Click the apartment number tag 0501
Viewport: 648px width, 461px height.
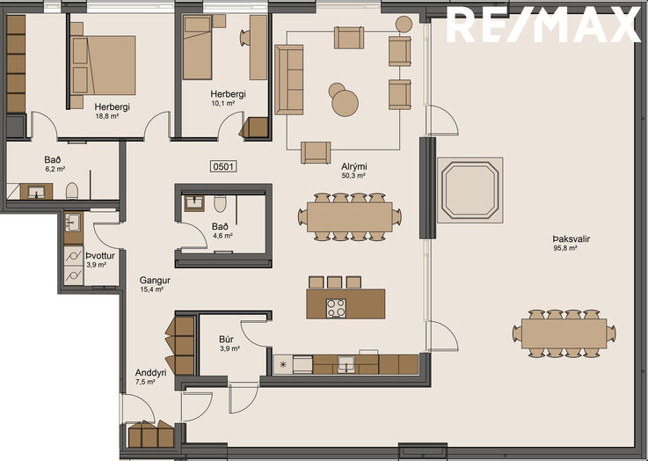click(223, 166)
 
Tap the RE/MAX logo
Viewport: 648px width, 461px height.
click(542, 26)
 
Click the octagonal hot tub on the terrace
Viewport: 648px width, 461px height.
click(470, 190)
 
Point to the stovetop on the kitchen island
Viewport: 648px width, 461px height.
click(336, 308)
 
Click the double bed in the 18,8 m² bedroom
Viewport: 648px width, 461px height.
click(104, 65)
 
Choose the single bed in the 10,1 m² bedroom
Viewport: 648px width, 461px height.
click(198, 48)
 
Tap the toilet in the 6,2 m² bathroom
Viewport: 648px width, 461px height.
click(72, 191)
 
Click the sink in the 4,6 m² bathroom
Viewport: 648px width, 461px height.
click(194, 202)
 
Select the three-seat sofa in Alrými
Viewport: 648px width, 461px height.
click(289, 79)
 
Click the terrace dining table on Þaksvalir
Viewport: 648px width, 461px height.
click(564, 333)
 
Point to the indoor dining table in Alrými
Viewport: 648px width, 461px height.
click(350, 217)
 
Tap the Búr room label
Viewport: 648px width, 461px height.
click(227, 339)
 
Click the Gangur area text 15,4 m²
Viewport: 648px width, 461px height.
click(152, 289)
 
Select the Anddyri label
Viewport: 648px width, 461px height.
click(151, 372)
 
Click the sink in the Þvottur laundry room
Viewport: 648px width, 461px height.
click(73, 223)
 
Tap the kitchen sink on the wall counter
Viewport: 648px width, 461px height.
click(346, 364)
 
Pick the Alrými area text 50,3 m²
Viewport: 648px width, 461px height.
click(353, 176)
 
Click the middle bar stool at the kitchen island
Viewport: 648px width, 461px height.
click(335, 282)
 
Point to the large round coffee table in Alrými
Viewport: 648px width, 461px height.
click(345, 103)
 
